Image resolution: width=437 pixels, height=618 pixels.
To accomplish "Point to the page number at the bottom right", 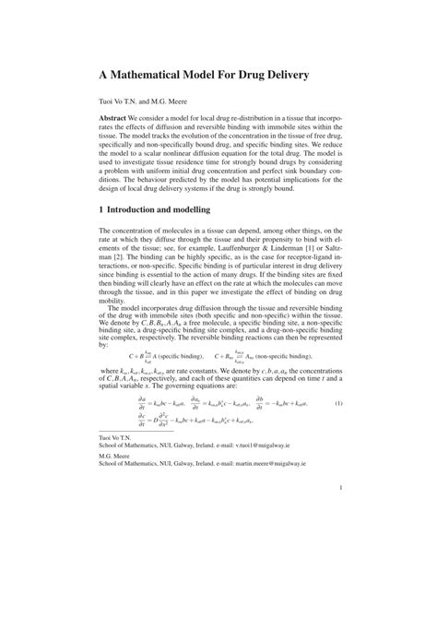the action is coord(340,541).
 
